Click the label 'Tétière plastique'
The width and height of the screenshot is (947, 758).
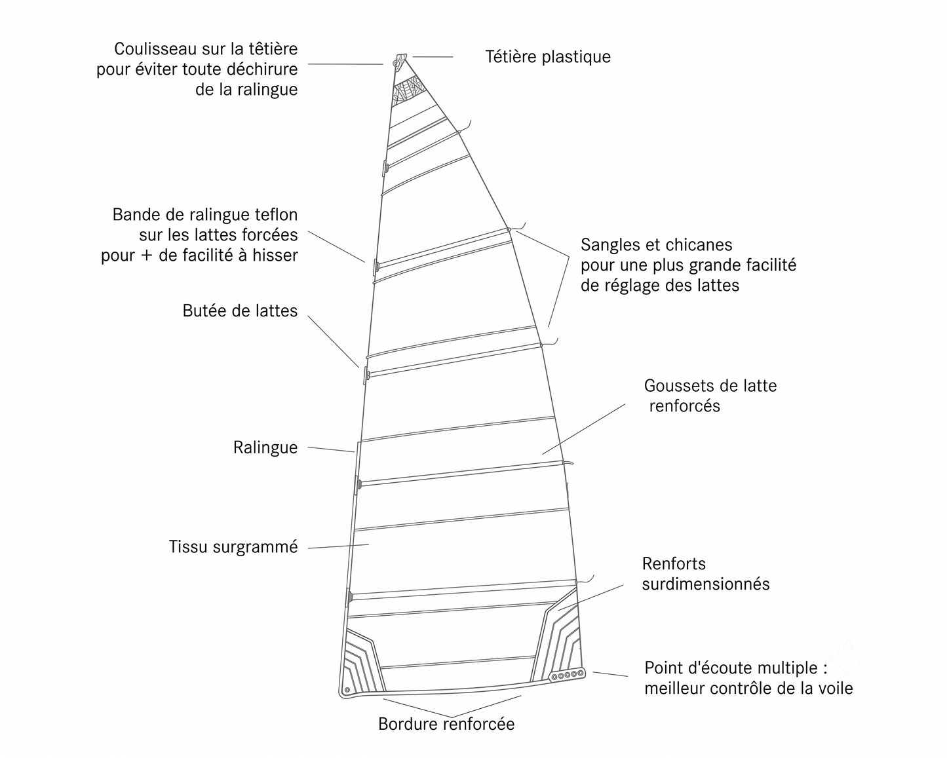[548, 57]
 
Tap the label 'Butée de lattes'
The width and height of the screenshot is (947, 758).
[240, 311]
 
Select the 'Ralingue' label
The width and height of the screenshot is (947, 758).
[265, 447]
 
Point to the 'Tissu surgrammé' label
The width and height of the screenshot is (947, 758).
[233, 547]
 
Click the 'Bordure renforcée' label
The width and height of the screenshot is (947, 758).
[446, 724]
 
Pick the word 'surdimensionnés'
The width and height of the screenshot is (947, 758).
[706, 584]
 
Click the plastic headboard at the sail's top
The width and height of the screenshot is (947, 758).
[400, 61]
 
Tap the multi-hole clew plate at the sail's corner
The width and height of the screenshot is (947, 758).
[568, 674]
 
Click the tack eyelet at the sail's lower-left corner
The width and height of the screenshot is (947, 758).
[347, 689]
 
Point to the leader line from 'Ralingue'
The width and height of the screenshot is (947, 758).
[331, 449]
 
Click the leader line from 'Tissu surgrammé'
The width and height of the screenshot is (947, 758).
[338, 546]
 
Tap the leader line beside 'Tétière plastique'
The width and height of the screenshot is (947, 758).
[433, 57]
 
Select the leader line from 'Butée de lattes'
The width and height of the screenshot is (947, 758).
[333, 341]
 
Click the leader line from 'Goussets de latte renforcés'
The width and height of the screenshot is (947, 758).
[583, 429]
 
